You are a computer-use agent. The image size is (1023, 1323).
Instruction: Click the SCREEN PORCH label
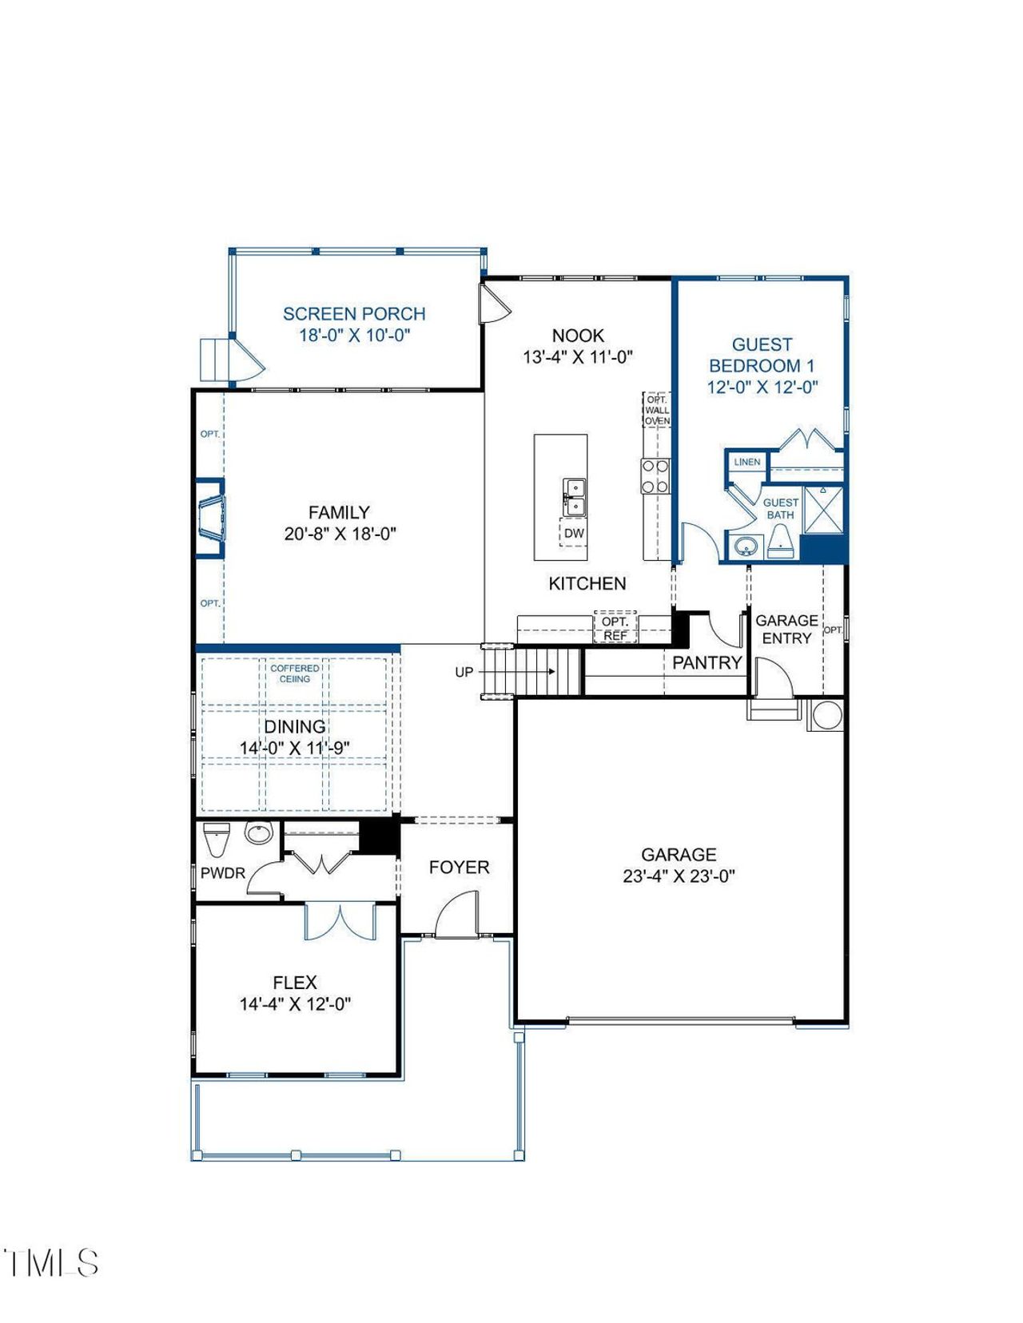[x=354, y=314]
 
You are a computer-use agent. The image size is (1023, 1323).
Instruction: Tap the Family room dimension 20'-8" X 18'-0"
[x=340, y=534]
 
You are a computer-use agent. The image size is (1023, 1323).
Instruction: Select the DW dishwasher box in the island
[x=573, y=533]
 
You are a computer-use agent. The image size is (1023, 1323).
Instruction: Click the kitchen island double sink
[x=574, y=496]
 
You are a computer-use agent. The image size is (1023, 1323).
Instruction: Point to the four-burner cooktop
[x=655, y=476]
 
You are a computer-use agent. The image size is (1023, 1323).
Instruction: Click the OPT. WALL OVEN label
[x=657, y=410]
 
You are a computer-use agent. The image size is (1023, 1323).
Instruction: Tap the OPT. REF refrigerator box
[x=615, y=628]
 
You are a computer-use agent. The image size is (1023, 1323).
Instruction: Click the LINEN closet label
[x=746, y=462]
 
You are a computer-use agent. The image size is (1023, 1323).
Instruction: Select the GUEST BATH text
[x=780, y=508]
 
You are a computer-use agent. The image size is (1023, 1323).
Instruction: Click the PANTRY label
[x=707, y=662]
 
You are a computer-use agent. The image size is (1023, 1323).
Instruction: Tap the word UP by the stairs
[x=464, y=673]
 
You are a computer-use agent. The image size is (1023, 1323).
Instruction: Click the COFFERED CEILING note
[x=294, y=673]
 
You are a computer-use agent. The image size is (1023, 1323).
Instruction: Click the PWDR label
[x=222, y=873]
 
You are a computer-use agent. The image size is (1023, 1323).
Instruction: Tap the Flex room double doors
[x=340, y=921]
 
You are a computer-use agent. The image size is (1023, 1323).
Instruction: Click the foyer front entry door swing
[x=456, y=915]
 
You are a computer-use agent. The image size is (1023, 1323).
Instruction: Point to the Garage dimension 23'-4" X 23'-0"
[x=679, y=876]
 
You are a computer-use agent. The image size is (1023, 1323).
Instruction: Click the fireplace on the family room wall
[x=211, y=517]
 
